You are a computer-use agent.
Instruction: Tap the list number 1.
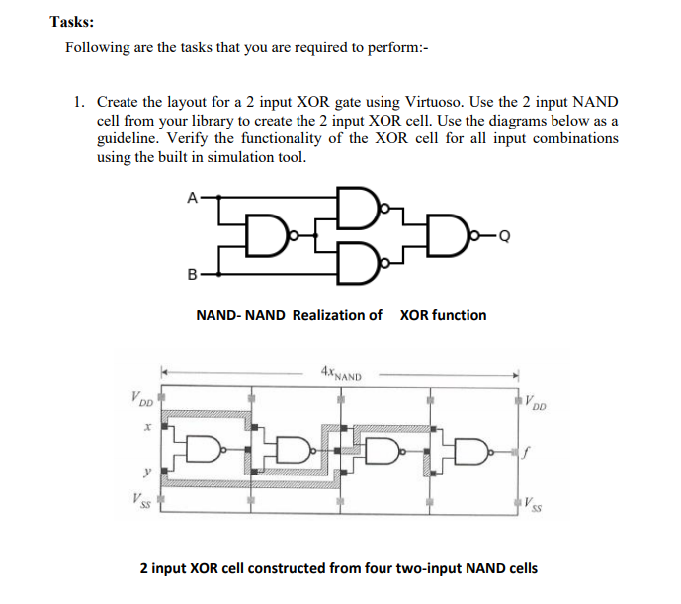coord(78,102)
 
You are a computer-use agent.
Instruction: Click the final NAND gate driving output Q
coord(458,235)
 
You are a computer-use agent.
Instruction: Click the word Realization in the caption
coord(329,315)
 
